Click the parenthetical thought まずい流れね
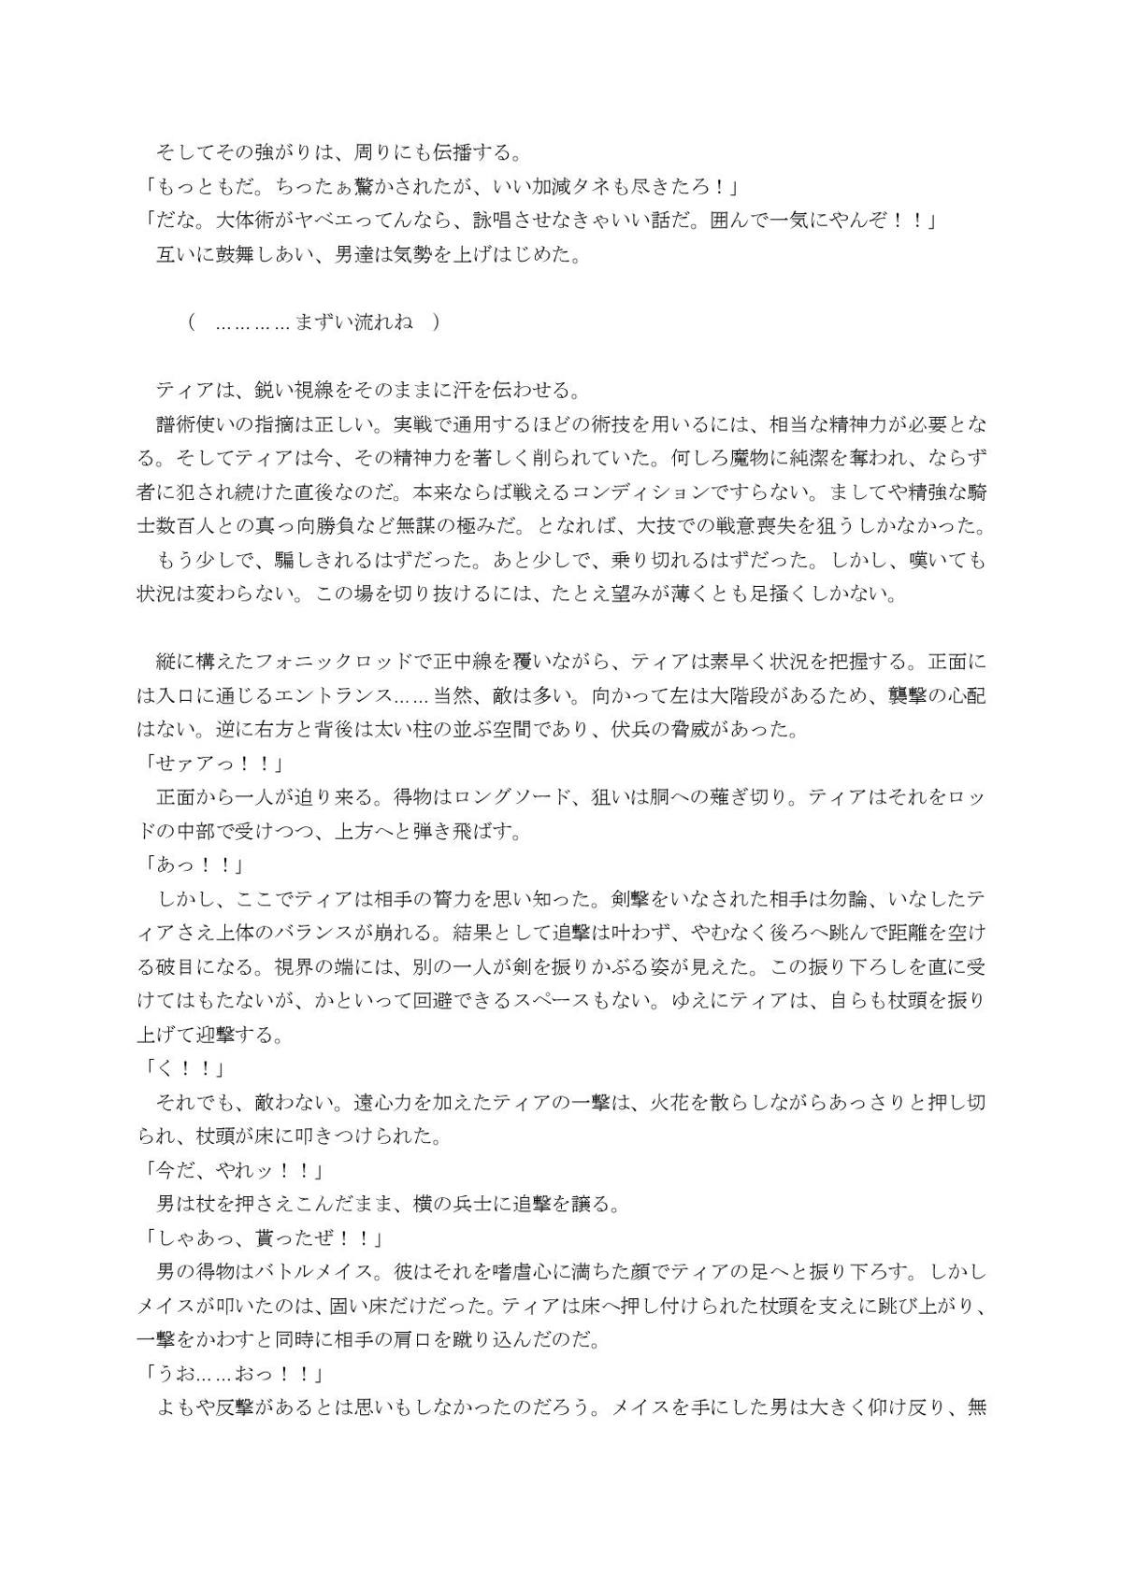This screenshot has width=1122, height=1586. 353,322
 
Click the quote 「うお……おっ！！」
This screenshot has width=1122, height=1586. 231,1374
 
